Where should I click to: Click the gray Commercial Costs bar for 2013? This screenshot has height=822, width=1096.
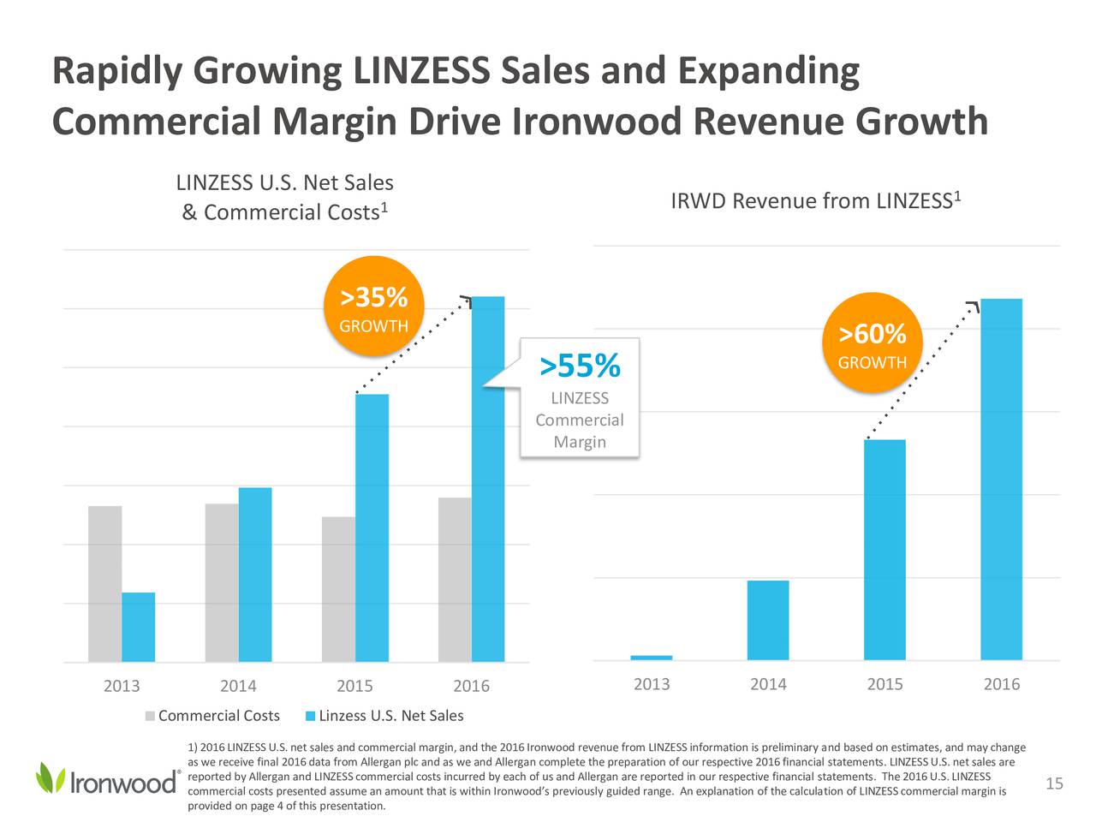tap(104, 584)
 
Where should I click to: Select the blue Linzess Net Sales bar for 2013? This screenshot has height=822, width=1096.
tap(138, 627)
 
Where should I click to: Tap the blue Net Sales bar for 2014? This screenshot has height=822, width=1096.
tap(255, 575)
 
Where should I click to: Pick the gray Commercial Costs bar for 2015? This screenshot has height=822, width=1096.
tap(338, 589)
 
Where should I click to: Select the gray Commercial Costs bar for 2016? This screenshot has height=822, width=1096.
tap(455, 580)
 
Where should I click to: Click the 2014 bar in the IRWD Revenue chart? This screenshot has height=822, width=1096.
tap(768, 620)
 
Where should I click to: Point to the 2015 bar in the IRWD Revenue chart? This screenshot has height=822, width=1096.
tap(885, 550)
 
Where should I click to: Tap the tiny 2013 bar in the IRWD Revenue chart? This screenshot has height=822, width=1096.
tap(652, 658)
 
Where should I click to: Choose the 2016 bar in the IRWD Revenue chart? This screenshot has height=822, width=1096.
tap(1001, 479)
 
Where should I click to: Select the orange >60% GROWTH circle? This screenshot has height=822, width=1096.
tap(872, 342)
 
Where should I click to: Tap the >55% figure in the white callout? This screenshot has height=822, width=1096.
tap(580, 366)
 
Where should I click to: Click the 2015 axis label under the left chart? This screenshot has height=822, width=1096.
tap(354, 686)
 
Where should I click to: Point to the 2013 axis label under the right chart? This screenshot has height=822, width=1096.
tap(652, 684)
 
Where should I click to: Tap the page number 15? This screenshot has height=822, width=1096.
tap(1054, 784)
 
